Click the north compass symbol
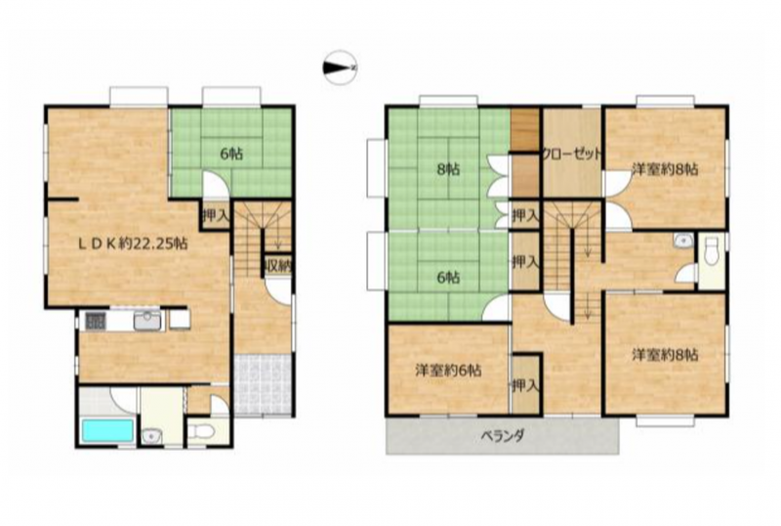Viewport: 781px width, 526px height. point(340,66)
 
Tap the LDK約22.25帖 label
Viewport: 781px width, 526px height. point(133,243)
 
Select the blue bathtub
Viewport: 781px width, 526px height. point(107,431)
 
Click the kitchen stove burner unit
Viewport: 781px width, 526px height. point(95,321)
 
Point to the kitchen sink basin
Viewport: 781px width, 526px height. point(147,321)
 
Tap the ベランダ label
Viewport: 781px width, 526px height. point(502,436)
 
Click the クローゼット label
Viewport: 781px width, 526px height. point(572,153)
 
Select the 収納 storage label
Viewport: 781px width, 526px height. point(278,265)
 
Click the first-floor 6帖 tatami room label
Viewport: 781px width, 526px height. point(231,153)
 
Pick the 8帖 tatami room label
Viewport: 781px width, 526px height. point(448,170)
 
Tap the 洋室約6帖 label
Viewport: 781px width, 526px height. point(448,371)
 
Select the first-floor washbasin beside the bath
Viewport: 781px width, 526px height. point(150,436)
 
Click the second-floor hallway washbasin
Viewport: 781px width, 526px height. point(682,241)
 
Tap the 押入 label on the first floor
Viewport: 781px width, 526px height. point(216,216)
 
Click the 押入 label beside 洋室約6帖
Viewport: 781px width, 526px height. point(526,385)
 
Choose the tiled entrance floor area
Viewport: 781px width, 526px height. point(263,384)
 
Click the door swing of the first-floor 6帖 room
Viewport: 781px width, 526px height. point(216,185)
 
